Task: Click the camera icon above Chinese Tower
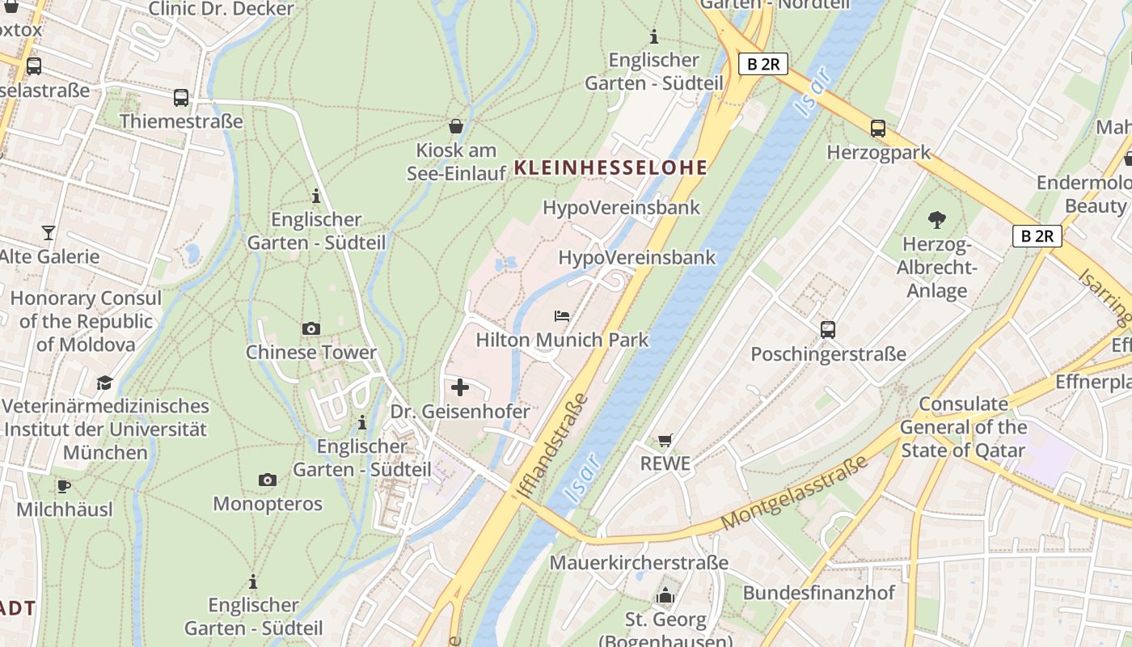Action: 310,328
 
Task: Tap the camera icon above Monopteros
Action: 268,480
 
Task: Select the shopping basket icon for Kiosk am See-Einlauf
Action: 456,126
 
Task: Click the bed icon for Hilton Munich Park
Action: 562,315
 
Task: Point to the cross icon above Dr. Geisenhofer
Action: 460,387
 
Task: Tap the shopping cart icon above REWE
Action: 665,440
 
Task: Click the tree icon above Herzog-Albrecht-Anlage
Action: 937,219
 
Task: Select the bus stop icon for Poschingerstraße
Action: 828,330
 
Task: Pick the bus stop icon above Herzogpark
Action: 878,129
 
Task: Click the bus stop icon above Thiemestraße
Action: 181,98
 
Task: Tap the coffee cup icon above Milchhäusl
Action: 64,486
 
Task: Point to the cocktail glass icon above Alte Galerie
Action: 49,233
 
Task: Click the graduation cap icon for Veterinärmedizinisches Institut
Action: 104,382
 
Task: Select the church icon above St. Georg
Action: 665,597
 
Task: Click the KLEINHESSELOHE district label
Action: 610,168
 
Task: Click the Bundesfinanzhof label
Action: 818,593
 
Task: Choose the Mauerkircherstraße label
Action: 639,562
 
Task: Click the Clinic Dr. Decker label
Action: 221,9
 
